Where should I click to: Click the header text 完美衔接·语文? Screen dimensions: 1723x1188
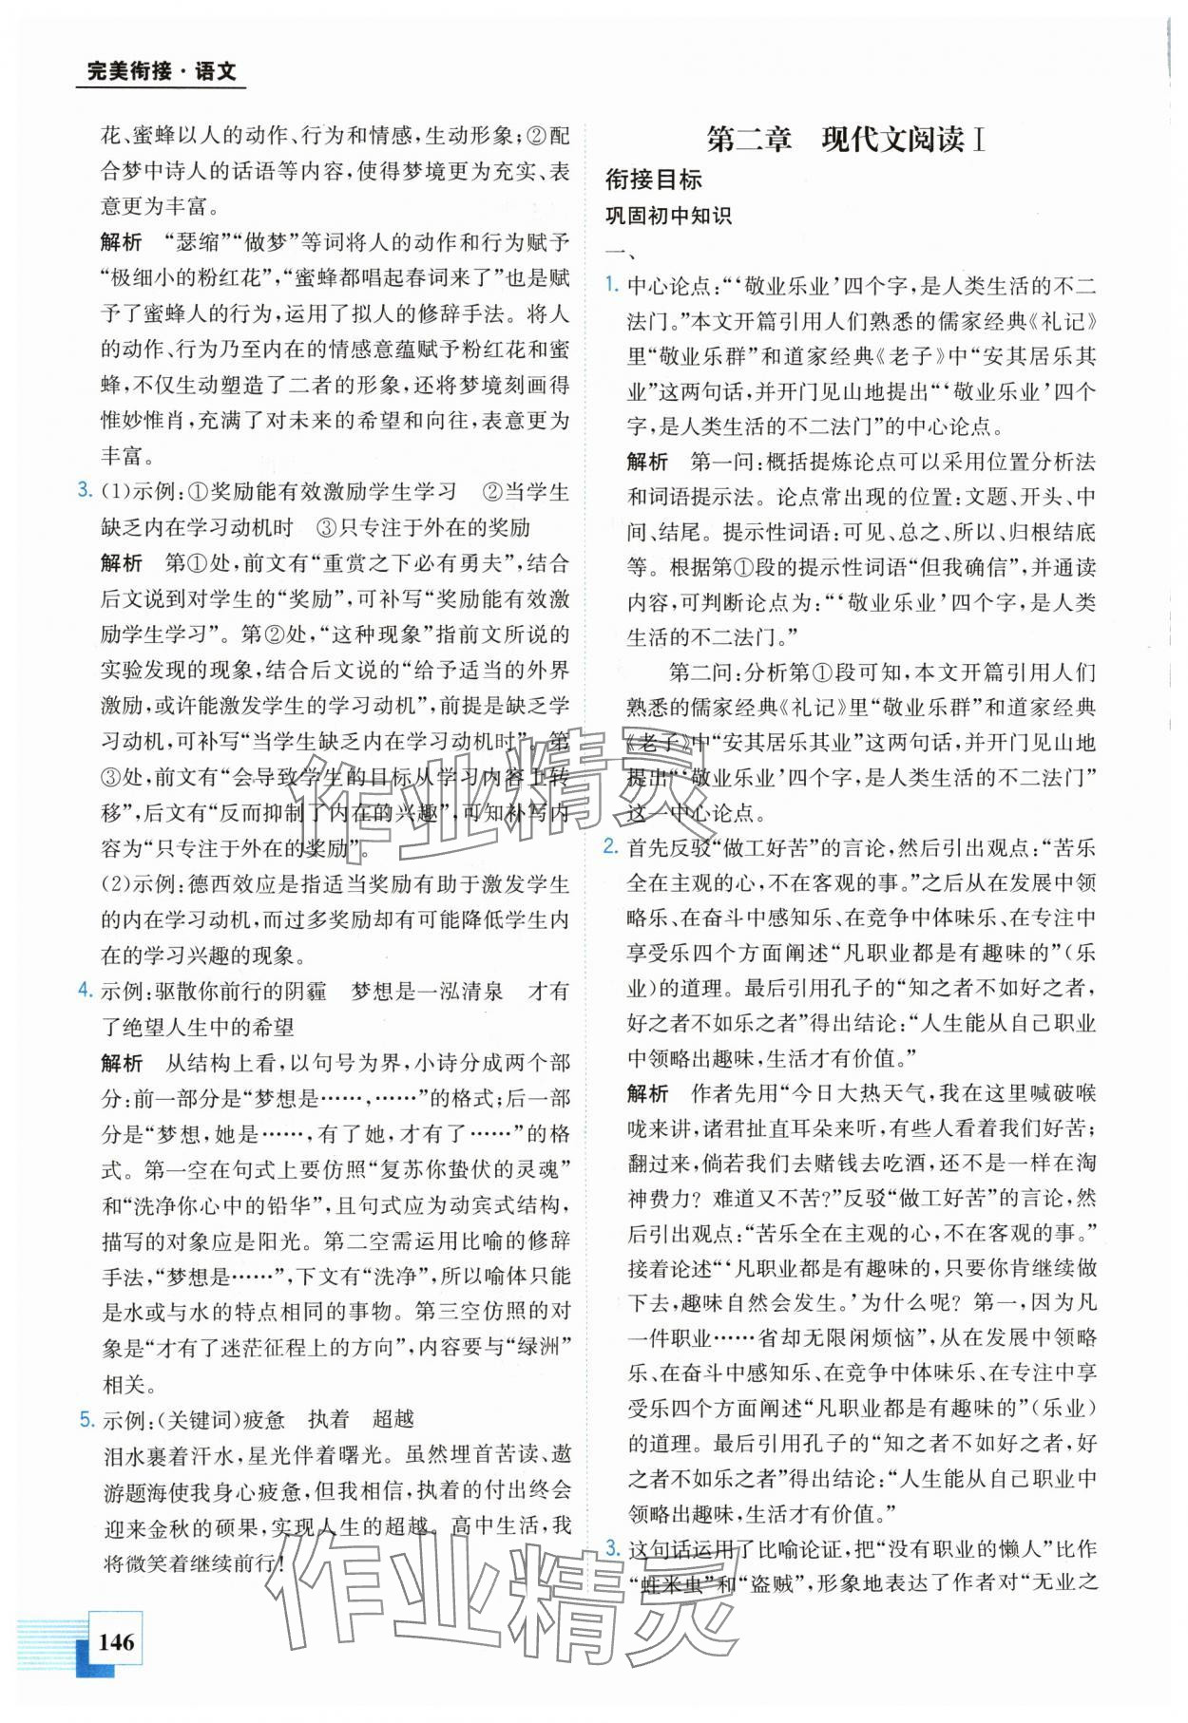[161, 70]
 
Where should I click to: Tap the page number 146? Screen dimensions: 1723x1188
[115, 1640]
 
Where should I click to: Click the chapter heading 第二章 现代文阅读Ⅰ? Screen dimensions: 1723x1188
[846, 140]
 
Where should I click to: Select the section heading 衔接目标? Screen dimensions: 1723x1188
[653, 179]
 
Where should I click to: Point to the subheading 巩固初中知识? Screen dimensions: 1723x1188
[668, 216]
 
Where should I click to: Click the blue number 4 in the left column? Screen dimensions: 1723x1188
[85, 991]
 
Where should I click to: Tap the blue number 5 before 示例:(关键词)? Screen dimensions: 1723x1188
[85, 1419]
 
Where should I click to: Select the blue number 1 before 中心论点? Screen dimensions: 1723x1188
[613, 284]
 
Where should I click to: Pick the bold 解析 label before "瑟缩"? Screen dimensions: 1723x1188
[122, 242]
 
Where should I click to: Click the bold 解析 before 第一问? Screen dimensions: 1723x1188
[647, 462]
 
